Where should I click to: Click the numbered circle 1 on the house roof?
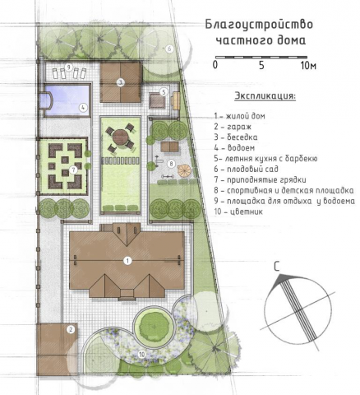(x=127, y=261)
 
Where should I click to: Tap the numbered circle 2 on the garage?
(x=71, y=329)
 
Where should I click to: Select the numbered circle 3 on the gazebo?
(x=120, y=82)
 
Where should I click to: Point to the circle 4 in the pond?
(x=83, y=108)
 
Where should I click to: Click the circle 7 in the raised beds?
(x=73, y=170)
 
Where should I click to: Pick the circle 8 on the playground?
(x=171, y=164)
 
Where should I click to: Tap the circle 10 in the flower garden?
(x=141, y=355)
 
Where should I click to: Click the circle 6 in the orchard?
(x=169, y=49)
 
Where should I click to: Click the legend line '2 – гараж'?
(x=233, y=127)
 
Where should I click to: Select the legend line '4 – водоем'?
(x=234, y=148)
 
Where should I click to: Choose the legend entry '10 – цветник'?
(x=238, y=211)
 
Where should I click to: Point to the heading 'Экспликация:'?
(x=265, y=96)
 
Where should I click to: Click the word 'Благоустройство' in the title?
(x=259, y=25)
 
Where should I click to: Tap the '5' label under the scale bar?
(x=261, y=66)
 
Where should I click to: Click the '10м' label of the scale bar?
(x=308, y=66)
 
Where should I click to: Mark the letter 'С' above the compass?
(x=277, y=267)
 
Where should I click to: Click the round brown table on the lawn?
(x=121, y=137)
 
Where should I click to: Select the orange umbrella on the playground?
(x=185, y=170)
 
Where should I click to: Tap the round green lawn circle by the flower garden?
(x=154, y=327)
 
